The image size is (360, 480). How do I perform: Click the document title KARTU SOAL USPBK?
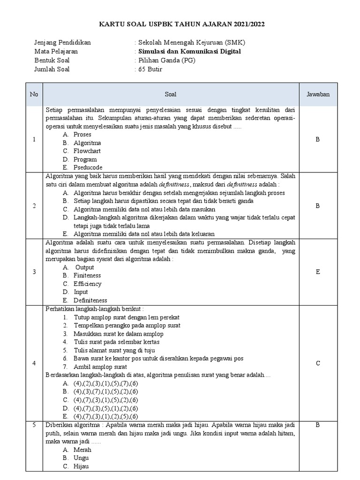click(x=180, y=24)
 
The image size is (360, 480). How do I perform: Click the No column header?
click(x=34, y=94)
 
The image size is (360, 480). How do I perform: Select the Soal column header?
click(x=171, y=94)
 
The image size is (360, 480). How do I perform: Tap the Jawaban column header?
click(x=318, y=94)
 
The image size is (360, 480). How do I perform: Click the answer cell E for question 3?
click(x=318, y=271)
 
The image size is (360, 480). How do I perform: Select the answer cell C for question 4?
click(x=318, y=363)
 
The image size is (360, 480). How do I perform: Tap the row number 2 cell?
click(x=34, y=205)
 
